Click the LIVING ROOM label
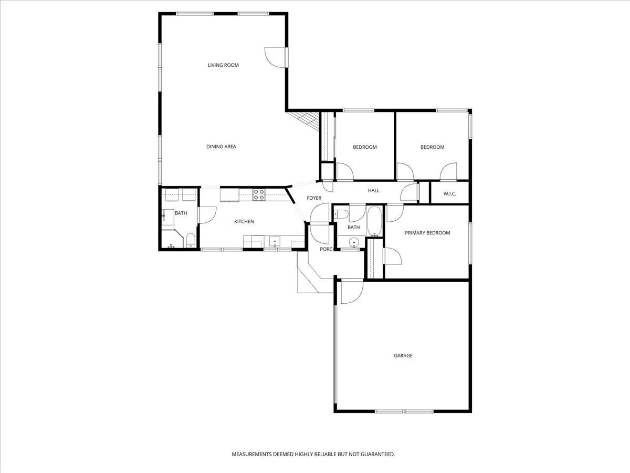click(x=223, y=65)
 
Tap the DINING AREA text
click(x=221, y=147)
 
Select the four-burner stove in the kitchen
click(x=259, y=194)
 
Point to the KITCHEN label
click(x=244, y=222)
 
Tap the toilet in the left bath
click(x=191, y=241)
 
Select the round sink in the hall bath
click(x=354, y=243)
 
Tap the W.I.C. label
click(x=450, y=194)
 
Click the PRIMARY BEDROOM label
click(x=427, y=233)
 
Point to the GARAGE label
click(x=403, y=356)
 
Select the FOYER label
click(x=314, y=198)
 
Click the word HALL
click(x=373, y=190)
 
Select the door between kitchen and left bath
click(x=207, y=215)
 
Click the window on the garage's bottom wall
click(x=404, y=411)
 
